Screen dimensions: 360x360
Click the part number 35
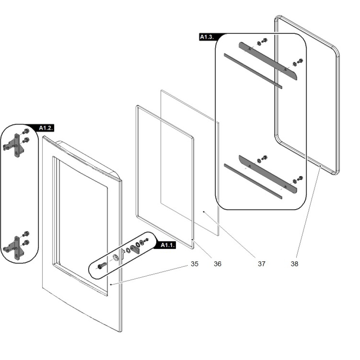[x=194, y=264]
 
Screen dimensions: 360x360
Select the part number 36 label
[x=217, y=264]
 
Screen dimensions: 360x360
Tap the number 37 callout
[x=261, y=264]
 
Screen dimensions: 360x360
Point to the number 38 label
[x=294, y=264]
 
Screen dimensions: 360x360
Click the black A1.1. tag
[x=167, y=245]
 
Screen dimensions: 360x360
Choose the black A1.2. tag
[x=46, y=128]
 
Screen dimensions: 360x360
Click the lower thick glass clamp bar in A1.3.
[x=268, y=173]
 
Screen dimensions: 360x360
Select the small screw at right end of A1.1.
[x=146, y=240]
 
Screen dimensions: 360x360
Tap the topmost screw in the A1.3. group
[x=265, y=40]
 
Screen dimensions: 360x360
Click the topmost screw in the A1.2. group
[x=26, y=131]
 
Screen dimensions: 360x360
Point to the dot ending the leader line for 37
[x=204, y=212]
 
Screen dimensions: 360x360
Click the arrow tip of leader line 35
[x=111, y=284]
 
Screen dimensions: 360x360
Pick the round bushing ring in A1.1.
[x=116, y=257]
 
